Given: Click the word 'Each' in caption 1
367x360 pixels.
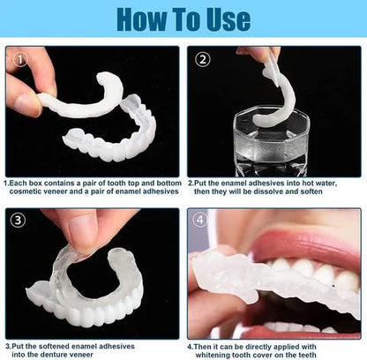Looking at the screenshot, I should [22, 183].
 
